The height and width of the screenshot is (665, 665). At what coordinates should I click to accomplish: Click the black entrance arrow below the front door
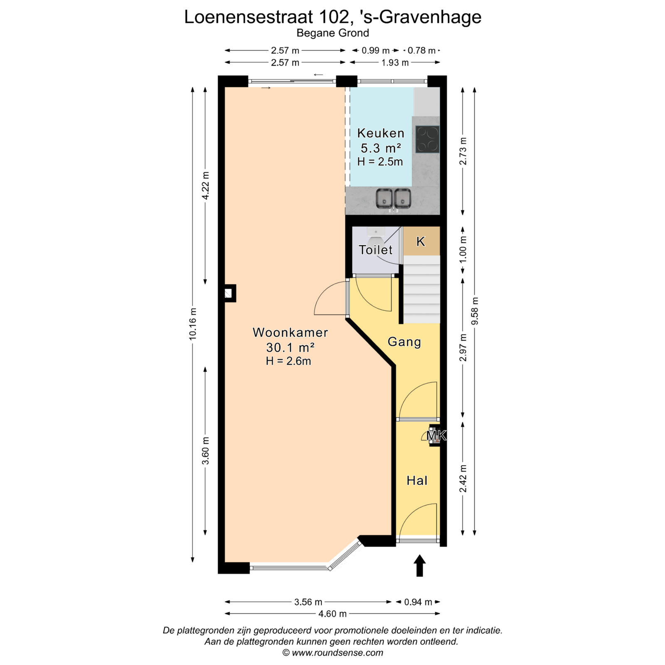420,566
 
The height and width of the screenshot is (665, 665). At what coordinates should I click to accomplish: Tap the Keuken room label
381,133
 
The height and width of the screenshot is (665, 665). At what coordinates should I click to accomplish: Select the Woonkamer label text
290,332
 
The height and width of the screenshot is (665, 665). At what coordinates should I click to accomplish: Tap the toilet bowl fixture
376,238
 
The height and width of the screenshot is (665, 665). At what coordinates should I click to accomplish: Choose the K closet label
421,241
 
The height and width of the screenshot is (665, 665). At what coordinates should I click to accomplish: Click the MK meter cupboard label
436,436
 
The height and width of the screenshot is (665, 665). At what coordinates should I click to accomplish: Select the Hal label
417,480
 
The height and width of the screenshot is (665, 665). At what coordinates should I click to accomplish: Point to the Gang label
404,342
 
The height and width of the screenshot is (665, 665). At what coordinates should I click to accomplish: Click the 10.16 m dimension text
192,324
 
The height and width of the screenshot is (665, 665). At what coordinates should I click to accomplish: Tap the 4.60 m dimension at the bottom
332,613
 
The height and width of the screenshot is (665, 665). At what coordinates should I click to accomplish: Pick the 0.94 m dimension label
419,602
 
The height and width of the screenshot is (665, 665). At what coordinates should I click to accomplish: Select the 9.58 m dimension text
475,311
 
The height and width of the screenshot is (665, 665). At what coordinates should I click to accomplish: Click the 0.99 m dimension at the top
376,51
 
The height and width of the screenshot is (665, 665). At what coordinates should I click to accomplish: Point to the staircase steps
422,290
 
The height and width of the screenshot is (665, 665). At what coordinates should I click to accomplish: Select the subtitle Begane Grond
333,33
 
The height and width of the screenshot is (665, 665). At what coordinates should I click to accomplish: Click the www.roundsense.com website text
337,653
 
